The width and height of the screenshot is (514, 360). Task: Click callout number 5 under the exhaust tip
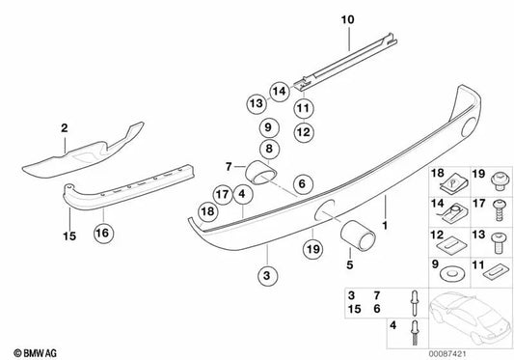click(x=350, y=260)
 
